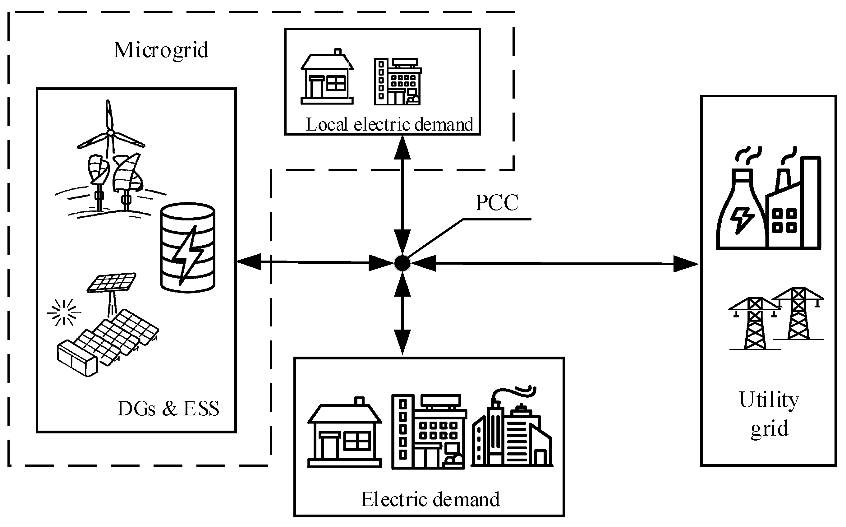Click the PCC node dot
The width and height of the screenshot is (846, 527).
pos(402,263)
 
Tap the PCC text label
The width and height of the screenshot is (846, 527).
pos(497,202)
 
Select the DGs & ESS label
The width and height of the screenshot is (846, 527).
pos(168,409)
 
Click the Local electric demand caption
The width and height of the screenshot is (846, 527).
pos(389,124)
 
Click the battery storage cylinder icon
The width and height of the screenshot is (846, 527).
pos(187,248)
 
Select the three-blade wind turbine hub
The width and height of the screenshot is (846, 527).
pos(110,133)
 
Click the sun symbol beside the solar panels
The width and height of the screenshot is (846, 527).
pos(64,312)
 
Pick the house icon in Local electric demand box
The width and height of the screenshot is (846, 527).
pos(327,76)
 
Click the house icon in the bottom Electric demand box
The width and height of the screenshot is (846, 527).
pos(345,432)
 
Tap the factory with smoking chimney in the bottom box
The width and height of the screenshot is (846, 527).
pos(512,427)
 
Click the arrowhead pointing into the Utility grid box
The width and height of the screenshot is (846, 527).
pos(686,264)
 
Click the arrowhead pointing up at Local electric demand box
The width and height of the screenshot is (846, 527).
pos(402,147)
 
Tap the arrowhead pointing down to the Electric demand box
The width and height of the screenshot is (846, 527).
pos(402,342)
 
